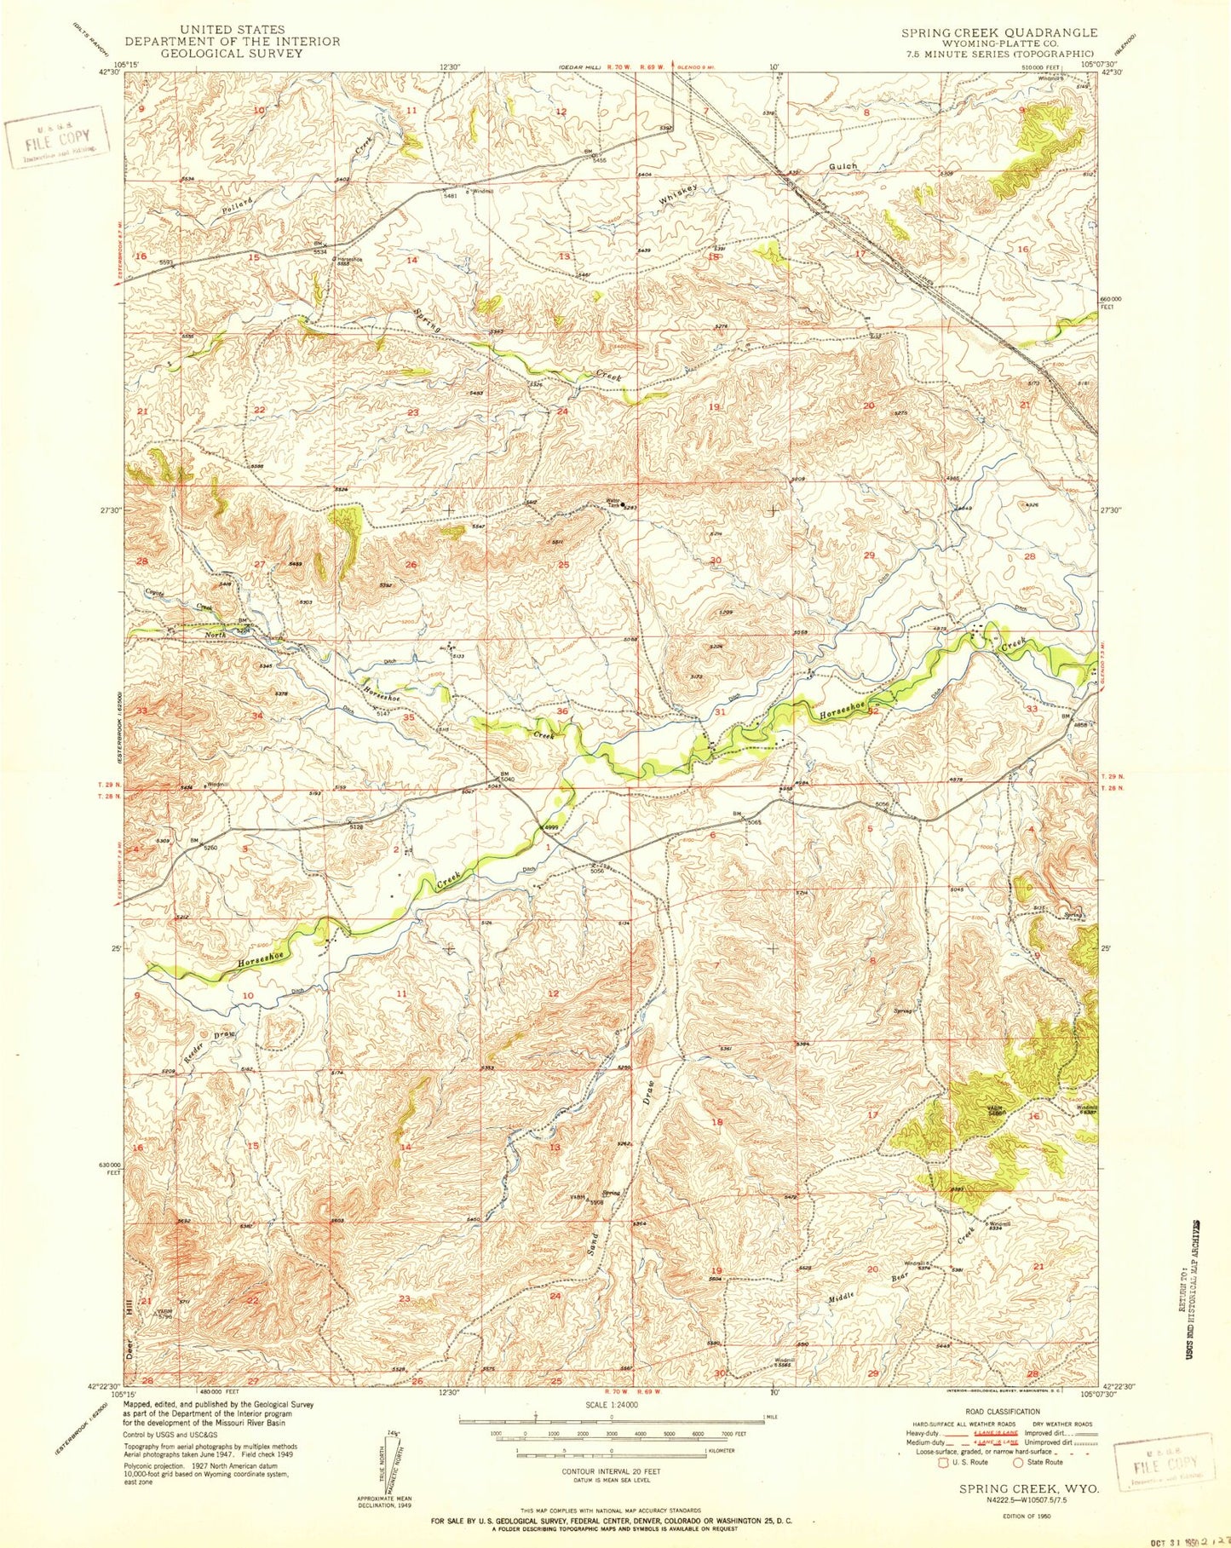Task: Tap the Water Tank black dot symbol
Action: [x=624, y=505]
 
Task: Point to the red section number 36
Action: [x=562, y=711]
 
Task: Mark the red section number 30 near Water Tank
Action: [x=716, y=561]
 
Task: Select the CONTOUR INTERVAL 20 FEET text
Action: [x=612, y=1471]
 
